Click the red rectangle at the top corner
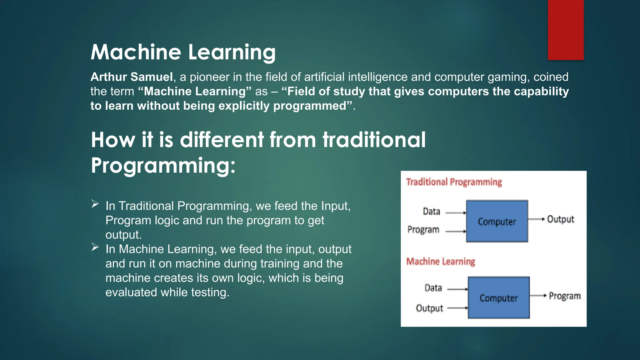click(x=566, y=30)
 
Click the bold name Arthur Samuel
click(x=132, y=77)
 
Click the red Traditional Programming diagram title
click(x=454, y=182)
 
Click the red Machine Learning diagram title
click(x=441, y=262)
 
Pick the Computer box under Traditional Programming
click(x=497, y=221)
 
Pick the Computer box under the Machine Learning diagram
click(x=499, y=298)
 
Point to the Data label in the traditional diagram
click(x=431, y=212)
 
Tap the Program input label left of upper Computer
click(x=423, y=230)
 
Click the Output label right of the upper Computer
click(x=561, y=219)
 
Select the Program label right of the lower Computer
click(x=565, y=296)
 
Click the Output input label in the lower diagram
click(x=429, y=308)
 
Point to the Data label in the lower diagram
click(x=433, y=288)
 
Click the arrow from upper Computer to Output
click(x=536, y=219)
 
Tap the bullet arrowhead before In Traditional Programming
click(x=95, y=204)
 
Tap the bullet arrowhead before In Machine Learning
click(x=95, y=247)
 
